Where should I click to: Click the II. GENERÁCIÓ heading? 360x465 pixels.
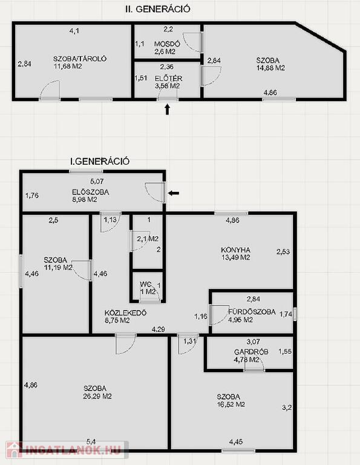point(158,9)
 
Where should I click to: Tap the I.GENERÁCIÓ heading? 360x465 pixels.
point(100,161)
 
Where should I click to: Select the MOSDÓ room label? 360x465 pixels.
point(167,44)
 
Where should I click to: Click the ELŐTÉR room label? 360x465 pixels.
point(168,78)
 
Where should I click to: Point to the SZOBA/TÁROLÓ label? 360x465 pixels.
point(80,58)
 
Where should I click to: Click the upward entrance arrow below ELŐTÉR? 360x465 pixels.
point(168,109)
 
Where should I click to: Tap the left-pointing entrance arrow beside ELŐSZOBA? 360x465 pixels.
point(173,193)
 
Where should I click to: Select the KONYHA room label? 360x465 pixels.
point(235,249)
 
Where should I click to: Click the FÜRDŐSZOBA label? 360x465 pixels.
point(252,312)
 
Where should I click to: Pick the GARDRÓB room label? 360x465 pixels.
point(251,352)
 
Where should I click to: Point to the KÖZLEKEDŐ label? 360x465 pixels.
point(126,312)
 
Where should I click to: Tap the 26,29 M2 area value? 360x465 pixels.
point(97,396)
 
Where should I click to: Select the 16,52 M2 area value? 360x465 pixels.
point(231,404)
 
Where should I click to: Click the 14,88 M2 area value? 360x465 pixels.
point(270,68)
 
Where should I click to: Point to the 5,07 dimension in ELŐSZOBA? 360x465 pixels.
point(97,181)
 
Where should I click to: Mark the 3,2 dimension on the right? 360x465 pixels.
point(287,407)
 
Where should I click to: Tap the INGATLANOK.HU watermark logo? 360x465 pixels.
point(67,450)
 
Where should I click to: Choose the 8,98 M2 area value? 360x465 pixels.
point(85,200)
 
